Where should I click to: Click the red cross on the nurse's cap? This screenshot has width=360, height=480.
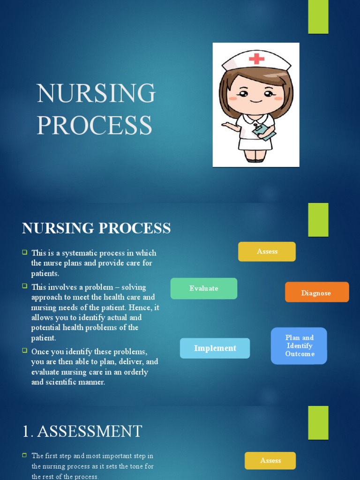click(256, 59)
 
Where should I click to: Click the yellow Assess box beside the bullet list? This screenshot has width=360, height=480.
click(267, 252)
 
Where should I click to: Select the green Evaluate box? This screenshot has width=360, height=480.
click(204, 288)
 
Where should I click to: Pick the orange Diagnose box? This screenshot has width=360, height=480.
click(316, 293)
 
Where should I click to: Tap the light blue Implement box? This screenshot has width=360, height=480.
click(215, 348)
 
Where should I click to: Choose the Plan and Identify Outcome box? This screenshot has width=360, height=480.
click(299, 346)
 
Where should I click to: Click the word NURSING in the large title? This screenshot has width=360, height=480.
click(96, 93)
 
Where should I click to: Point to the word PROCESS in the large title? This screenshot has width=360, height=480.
click(95, 125)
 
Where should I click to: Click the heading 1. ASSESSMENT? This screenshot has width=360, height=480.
click(82, 431)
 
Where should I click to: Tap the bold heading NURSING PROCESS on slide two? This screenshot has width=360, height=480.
click(96, 228)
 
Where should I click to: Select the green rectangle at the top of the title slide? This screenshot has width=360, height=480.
click(318, 17)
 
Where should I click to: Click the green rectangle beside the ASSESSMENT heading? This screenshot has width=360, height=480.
click(318, 422)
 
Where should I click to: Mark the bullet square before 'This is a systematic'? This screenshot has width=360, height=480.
click(25, 252)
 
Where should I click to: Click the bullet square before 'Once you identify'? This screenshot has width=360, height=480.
click(25, 351)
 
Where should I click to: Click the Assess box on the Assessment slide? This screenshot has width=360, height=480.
click(270, 460)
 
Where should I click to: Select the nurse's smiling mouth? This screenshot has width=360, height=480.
click(255, 101)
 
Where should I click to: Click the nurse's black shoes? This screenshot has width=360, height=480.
click(255, 160)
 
